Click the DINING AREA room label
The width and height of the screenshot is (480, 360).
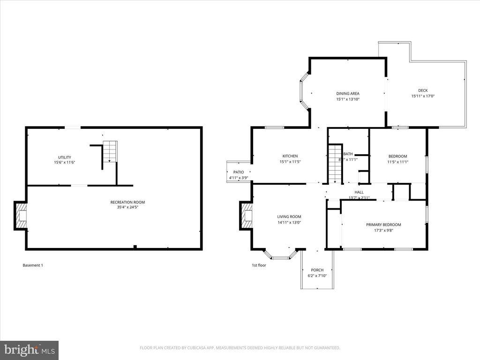[x=347, y=93]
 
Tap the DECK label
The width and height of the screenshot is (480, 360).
[x=423, y=90]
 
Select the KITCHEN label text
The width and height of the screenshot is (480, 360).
[x=290, y=156]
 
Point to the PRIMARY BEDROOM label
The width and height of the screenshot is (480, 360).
[x=383, y=225]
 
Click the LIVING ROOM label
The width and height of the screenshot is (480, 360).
[x=289, y=217]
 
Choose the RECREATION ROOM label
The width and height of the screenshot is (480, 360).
[x=127, y=202]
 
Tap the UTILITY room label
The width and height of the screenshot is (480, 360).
[x=64, y=157]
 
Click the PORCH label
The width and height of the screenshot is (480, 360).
[x=317, y=270]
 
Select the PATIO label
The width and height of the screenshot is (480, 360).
[x=238, y=172]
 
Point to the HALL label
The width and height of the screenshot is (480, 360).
[x=359, y=192]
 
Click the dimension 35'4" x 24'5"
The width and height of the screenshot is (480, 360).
[x=127, y=207]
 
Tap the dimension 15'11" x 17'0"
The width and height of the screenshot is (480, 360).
[x=423, y=96]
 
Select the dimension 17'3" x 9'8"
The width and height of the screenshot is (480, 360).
[x=383, y=230]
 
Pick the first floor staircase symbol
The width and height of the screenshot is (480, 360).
[x=335, y=164]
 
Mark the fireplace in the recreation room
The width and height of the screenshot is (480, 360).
[x=21, y=216]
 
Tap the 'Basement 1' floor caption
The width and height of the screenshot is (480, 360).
[x=33, y=265]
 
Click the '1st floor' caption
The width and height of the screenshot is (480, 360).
[x=259, y=265]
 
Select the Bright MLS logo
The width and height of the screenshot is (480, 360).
[x=29, y=350]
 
